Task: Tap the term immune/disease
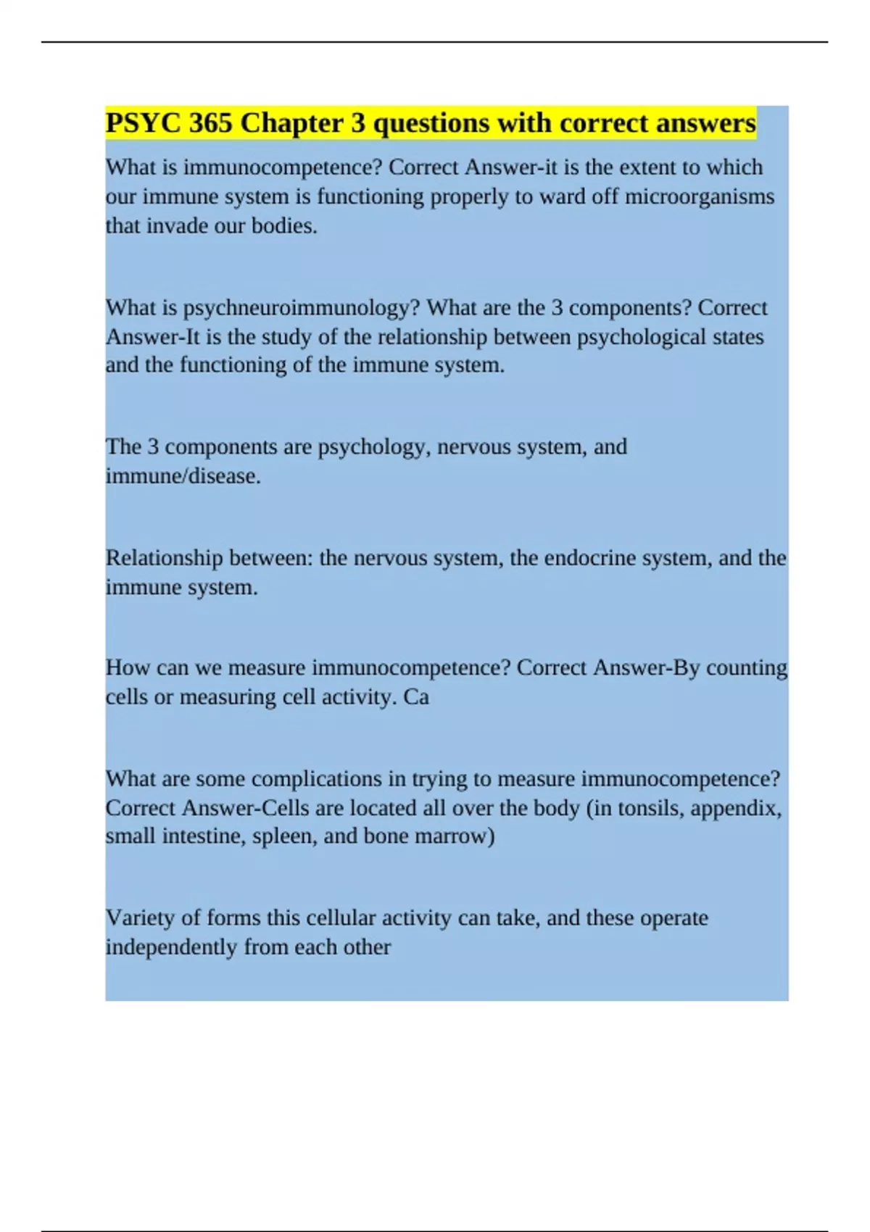point(183,476)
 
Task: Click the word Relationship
point(164,558)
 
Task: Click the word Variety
point(140,918)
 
